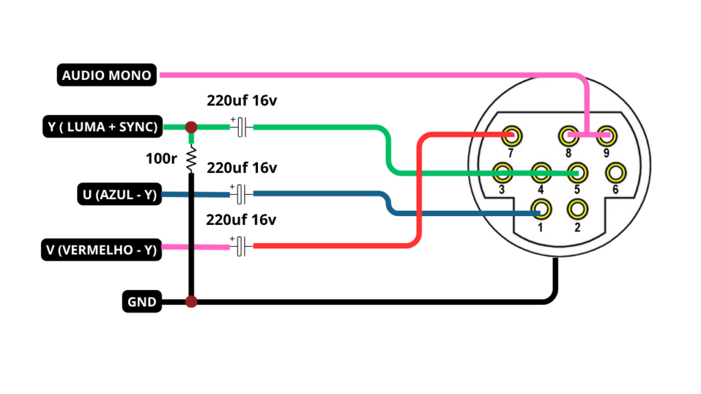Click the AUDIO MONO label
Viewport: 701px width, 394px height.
[107, 75]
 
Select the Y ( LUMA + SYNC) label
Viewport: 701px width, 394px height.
[103, 127]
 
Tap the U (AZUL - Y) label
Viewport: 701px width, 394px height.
[119, 194]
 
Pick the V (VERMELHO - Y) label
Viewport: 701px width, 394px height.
[101, 250]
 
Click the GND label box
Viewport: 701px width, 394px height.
[142, 302]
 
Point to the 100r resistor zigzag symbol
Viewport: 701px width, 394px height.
[192, 159]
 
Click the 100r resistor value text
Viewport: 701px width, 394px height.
[162, 159]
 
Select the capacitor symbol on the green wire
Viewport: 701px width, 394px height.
[242, 127]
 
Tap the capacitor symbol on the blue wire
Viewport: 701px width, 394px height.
[242, 194]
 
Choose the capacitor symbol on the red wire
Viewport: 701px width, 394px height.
[242, 246]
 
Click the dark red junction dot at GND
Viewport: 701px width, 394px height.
[192, 302]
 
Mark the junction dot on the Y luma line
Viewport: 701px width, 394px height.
[192, 127]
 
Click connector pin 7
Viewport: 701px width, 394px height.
[511, 136]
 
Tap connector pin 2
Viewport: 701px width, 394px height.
[577, 209]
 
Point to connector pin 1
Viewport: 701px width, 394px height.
[541, 209]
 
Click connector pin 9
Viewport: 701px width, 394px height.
[607, 136]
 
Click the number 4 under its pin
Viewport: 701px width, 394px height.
[541, 190]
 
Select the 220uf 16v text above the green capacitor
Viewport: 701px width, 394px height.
[242, 101]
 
